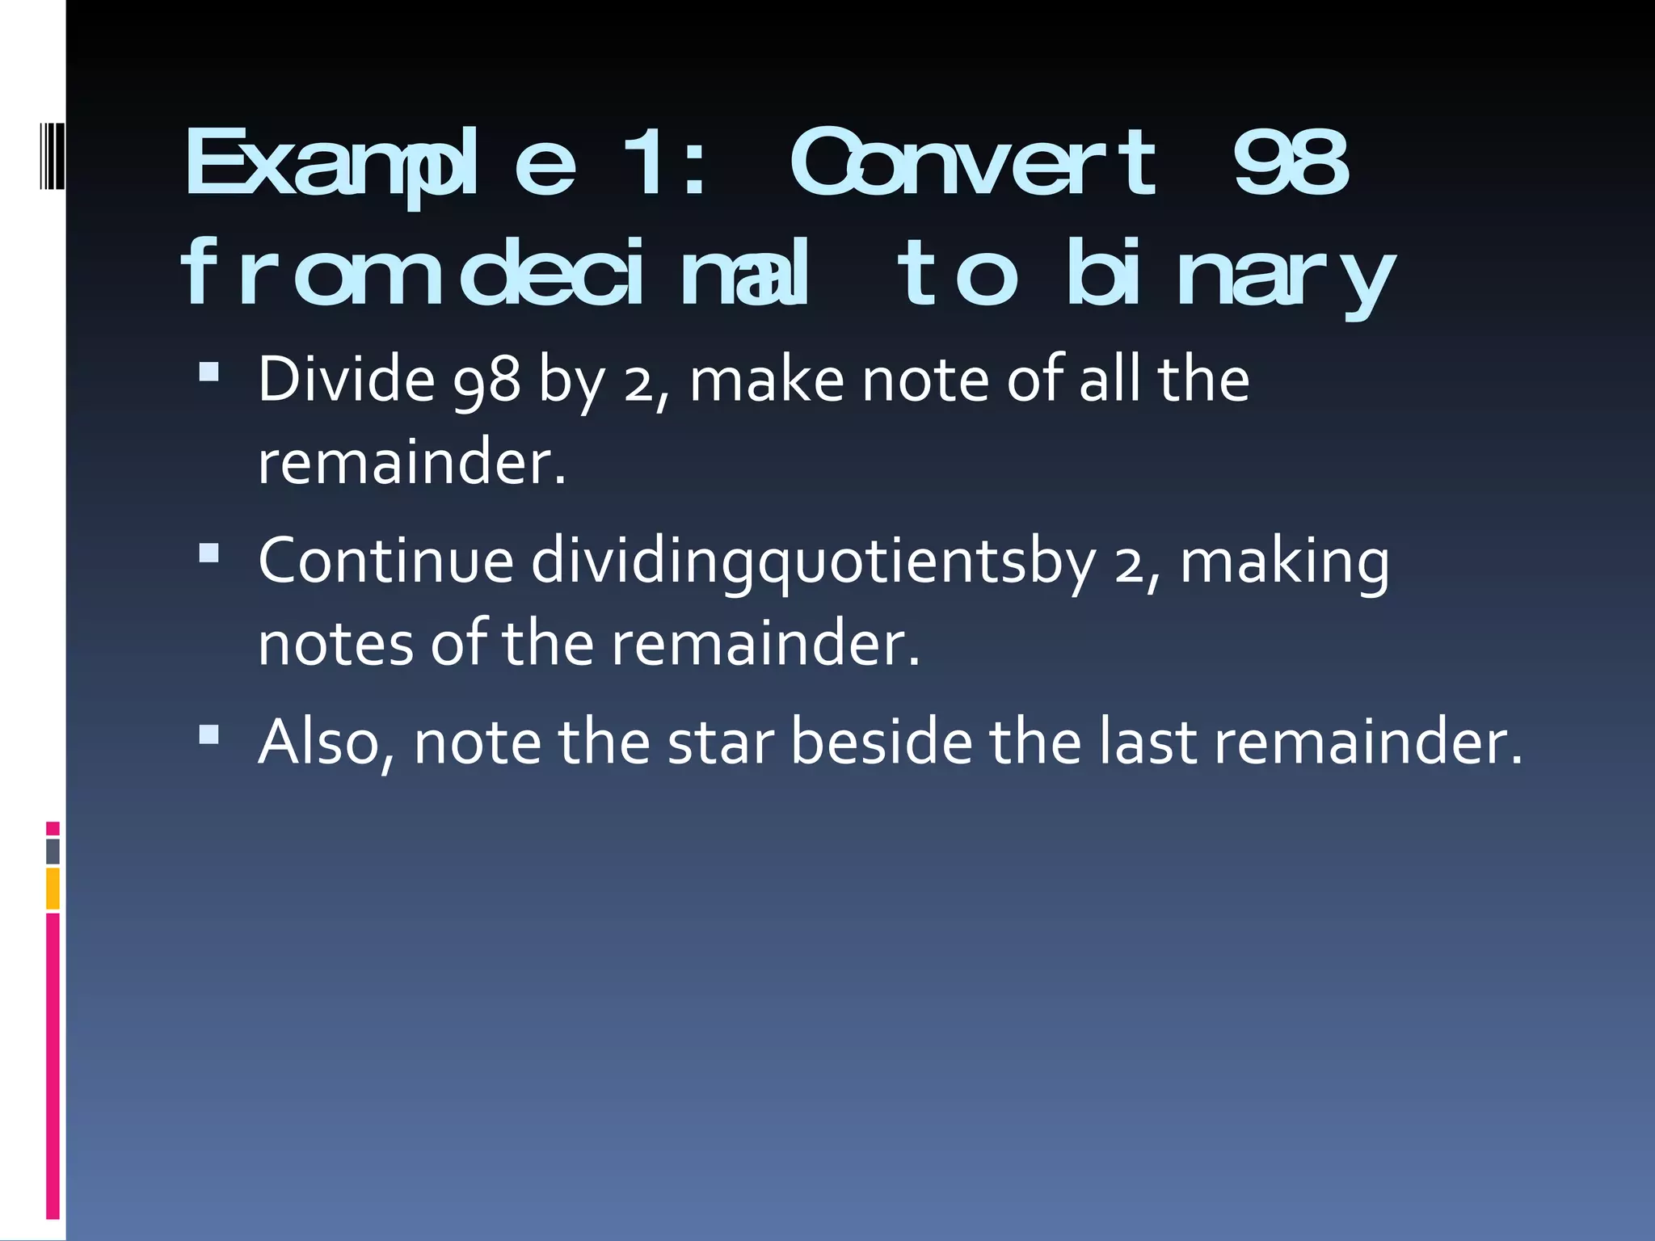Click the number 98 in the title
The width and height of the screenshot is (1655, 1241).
[1291, 164]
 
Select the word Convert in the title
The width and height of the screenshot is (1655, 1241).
[974, 164]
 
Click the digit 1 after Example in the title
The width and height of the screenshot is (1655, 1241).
[642, 164]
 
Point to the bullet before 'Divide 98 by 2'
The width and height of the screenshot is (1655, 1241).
[209, 371]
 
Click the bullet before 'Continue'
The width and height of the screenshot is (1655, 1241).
[209, 553]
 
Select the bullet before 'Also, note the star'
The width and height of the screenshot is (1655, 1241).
[209, 734]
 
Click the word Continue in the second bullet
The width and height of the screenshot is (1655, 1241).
[386, 561]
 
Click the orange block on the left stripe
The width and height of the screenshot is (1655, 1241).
[53, 888]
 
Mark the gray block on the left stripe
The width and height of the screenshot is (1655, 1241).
[53, 852]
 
